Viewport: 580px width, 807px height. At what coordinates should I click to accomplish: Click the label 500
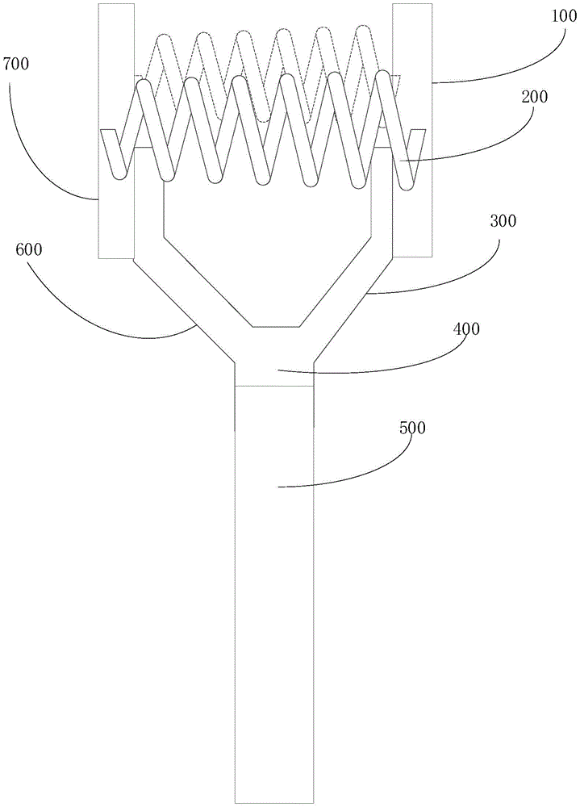point(412,428)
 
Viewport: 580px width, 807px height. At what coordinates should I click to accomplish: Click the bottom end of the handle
point(273,798)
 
